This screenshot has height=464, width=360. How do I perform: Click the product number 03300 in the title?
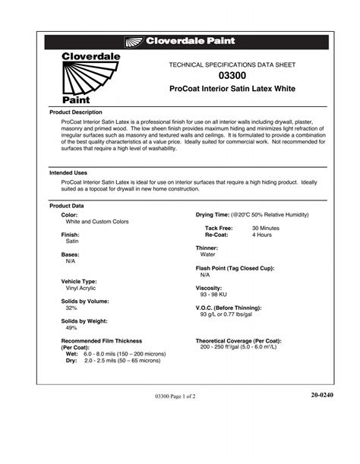coord(232,77)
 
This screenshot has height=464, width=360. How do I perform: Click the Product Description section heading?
coord(75,112)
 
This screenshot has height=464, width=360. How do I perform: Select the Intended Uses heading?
coord(68,173)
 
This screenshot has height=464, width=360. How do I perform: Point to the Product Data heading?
coord(67,206)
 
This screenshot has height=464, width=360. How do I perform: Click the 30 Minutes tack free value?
coord(266,228)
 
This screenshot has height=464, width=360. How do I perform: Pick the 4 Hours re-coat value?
coord(263,235)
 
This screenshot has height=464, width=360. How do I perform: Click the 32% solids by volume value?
coord(71,308)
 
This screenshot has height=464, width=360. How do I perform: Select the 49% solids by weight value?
coord(71,328)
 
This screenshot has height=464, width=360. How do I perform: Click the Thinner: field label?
coord(207,248)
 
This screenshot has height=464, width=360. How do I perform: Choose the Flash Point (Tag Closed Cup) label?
coord(235,268)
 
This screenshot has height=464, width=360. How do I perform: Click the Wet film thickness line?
coord(114,355)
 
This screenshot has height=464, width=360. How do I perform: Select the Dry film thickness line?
coord(112,361)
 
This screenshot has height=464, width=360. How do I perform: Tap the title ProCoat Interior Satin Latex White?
coord(232,90)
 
